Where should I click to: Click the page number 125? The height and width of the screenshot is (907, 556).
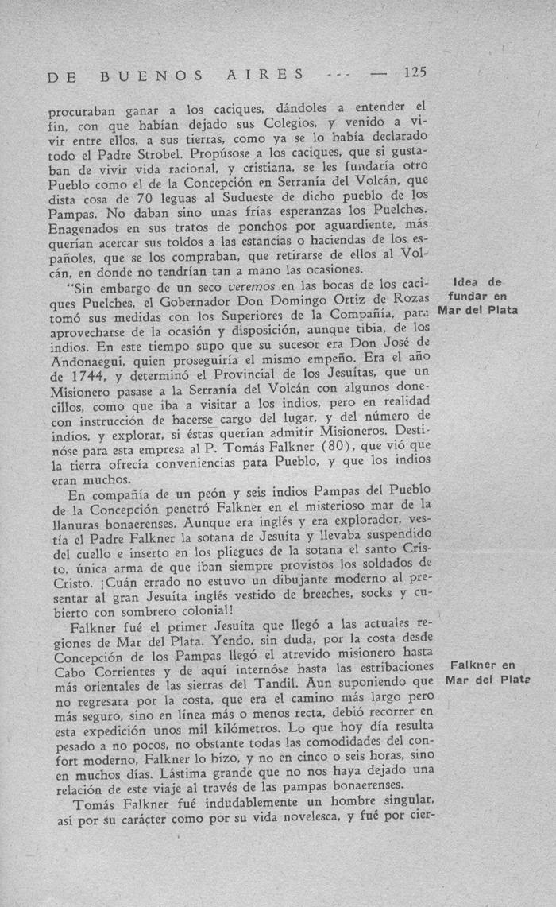pyautogui.click(x=415, y=72)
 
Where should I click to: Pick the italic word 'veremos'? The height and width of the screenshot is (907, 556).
pyautogui.click(x=252, y=285)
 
